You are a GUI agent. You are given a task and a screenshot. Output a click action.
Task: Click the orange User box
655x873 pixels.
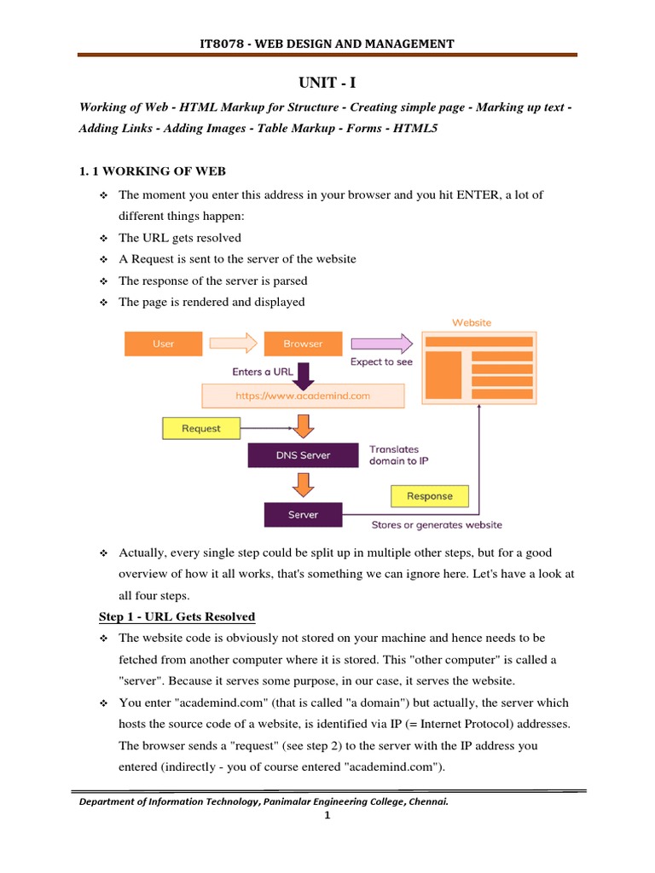[164, 344]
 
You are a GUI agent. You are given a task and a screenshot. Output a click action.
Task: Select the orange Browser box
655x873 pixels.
[303, 344]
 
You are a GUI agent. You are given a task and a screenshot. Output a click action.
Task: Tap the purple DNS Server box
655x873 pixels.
[303, 455]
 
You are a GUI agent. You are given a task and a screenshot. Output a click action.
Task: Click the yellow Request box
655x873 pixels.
[200, 429]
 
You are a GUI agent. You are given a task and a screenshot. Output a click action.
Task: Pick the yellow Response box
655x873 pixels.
[429, 496]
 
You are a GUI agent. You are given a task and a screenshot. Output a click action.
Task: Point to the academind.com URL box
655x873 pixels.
[303, 396]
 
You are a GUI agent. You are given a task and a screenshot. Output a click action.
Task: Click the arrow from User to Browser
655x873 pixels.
[233, 344]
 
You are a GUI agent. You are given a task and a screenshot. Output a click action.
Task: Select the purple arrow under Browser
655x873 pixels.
[303, 371]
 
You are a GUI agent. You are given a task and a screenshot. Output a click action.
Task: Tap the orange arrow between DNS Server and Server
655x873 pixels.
[303, 485]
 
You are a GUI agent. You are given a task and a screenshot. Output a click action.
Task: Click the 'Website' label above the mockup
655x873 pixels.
[471, 323]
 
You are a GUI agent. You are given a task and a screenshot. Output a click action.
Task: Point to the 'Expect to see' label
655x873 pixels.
[381, 362]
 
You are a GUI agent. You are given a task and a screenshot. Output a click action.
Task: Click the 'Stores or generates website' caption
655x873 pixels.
[437, 525]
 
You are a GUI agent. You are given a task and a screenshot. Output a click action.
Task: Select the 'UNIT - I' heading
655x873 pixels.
[327, 82]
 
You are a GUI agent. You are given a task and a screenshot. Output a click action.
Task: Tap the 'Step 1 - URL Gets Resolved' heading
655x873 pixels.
[177, 616]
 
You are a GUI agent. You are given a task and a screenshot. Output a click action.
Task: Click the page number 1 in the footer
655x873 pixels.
[327, 816]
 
